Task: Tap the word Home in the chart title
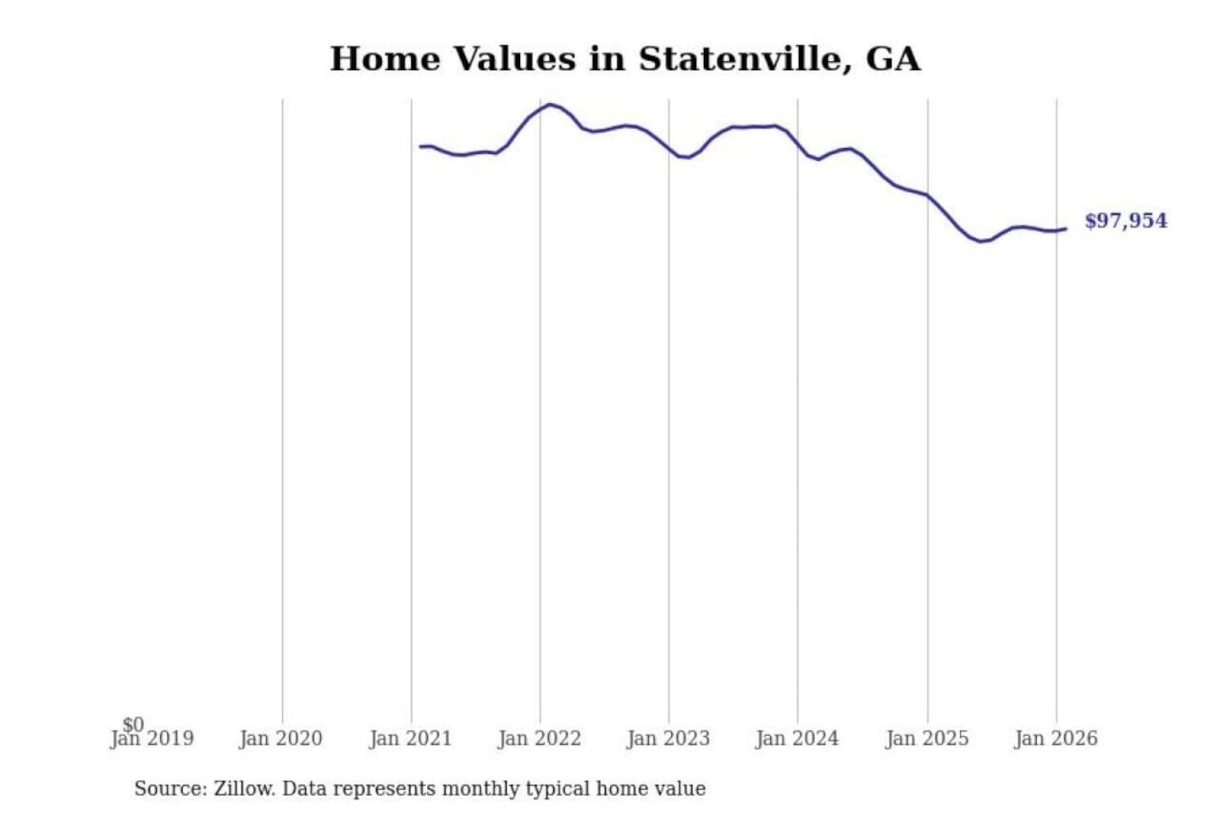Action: (385, 59)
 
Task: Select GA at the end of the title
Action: (892, 59)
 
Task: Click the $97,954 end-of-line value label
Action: (1125, 221)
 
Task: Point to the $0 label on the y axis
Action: (133, 724)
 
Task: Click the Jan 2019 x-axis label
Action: (152, 739)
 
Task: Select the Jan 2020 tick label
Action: (281, 738)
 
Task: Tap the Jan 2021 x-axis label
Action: (411, 738)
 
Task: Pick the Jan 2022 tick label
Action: (540, 738)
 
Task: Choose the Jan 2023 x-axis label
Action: (668, 738)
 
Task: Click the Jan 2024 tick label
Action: (797, 738)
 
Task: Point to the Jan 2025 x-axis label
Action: (927, 738)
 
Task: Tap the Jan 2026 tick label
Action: (1056, 738)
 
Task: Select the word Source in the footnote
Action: (169, 788)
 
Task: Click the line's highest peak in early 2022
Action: (551, 105)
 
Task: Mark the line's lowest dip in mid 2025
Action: (982, 241)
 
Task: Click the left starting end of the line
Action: (420, 147)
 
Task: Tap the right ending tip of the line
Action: (1066, 229)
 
